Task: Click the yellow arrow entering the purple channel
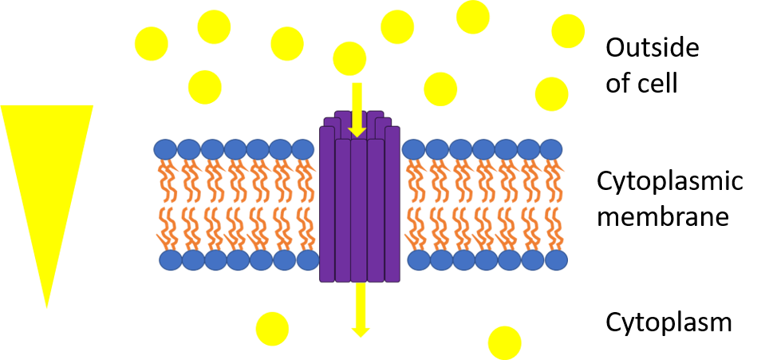click(x=357, y=108)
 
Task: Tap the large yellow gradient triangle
click(x=46, y=176)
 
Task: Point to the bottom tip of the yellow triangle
click(x=47, y=306)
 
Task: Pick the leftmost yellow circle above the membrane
click(x=151, y=44)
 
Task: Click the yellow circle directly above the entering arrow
click(x=349, y=58)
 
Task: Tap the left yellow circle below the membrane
click(x=272, y=328)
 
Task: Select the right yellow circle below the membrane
click(x=504, y=342)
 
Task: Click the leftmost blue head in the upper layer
click(x=165, y=149)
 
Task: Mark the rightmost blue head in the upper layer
click(x=551, y=149)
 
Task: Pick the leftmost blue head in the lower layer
click(x=171, y=260)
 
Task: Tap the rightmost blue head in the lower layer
click(x=555, y=260)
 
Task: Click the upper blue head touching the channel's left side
click(x=303, y=149)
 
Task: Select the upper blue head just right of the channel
click(x=413, y=149)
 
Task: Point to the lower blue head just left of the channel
click(x=308, y=260)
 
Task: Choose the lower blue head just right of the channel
click(x=419, y=260)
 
